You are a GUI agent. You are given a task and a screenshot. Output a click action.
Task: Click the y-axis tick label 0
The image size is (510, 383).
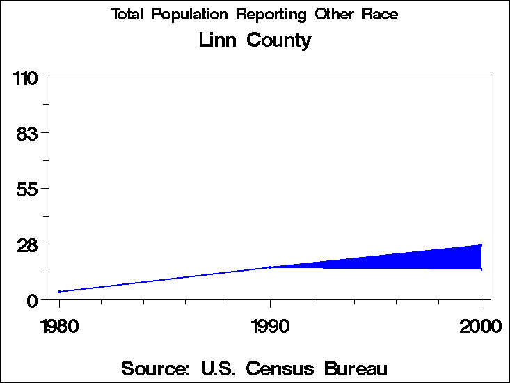click(x=32, y=301)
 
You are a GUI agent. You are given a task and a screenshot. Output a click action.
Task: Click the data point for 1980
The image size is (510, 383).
click(x=60, y=292)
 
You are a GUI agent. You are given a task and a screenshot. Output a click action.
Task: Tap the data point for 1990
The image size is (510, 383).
click(x=270, y=267)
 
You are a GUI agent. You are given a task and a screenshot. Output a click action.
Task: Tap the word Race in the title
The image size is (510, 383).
click(x=380, y=15)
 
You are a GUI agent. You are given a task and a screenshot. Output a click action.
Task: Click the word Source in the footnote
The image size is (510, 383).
click(x=155, y=368)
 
